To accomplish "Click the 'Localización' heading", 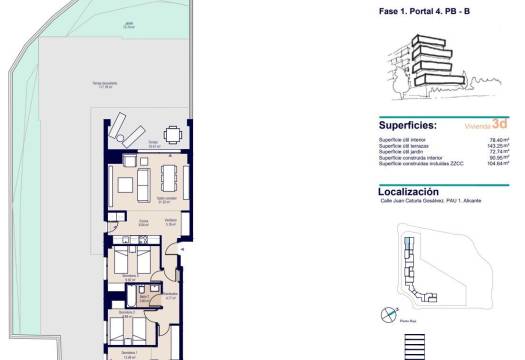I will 408,190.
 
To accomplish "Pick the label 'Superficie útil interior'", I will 402,140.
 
